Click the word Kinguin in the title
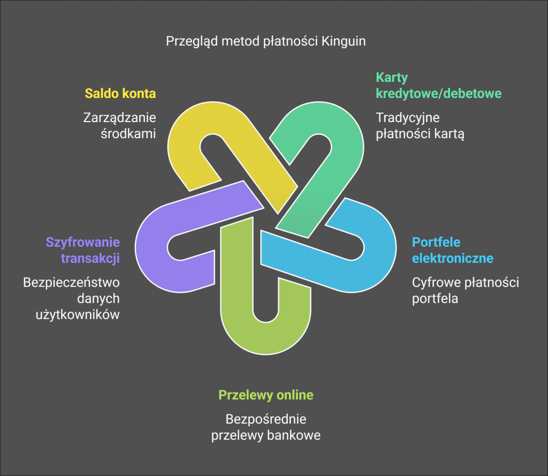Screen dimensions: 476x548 pos(344,41)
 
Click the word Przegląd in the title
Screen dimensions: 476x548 pos(188,41)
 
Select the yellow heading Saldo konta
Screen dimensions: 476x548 pos(120,94)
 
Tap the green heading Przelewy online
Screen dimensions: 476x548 pos(265,395)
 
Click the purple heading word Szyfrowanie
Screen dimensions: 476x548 pos(82,241)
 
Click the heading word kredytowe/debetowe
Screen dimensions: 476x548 pos(438,94)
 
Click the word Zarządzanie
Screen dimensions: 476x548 pos(120,117)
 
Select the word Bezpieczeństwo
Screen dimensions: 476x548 pos(71,282)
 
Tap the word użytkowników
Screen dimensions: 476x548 pos(78,315)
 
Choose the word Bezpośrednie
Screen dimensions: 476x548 pos(266,419)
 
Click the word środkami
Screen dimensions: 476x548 pos(128,133)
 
